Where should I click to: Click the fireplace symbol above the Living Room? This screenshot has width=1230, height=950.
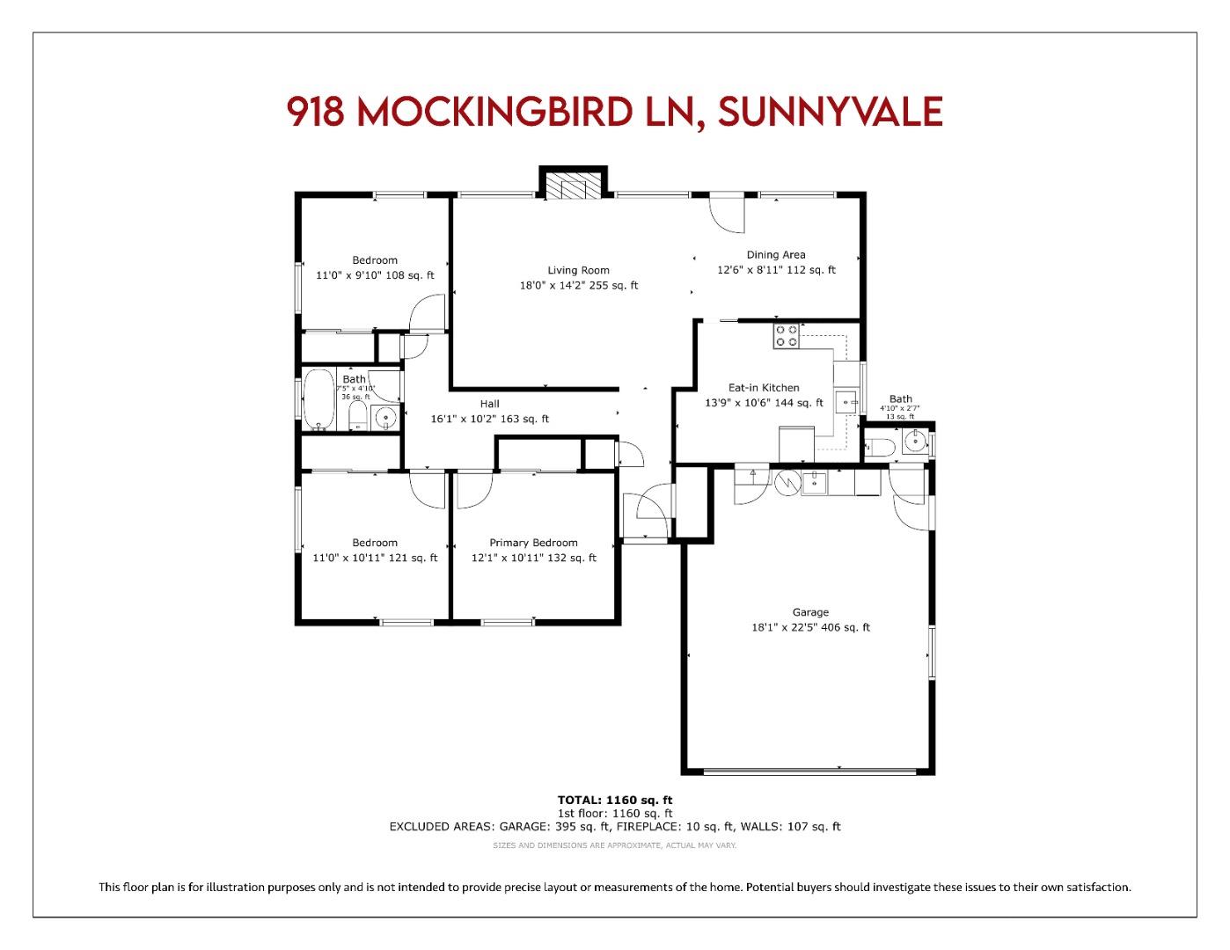coord(573,186)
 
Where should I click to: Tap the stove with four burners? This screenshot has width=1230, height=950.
coord(786,336)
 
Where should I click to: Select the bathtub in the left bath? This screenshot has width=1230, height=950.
coord(318,400)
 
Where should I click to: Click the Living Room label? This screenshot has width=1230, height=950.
coord(578,271)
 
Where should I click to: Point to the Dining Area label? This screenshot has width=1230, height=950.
coord(775,255)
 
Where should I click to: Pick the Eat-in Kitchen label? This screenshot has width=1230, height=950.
coord(764,388)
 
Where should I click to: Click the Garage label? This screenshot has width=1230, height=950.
coord(810,612)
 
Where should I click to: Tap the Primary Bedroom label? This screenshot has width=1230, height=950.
coord(533,543)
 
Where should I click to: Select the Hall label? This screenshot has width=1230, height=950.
coord(489,404)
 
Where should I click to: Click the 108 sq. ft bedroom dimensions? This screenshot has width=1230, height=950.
coord(375,275)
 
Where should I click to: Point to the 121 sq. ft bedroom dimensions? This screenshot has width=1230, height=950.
coord(375,558)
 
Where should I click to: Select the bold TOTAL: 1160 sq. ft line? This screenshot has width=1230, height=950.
coord(614,800)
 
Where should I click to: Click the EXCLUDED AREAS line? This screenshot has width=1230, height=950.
coord(614,827)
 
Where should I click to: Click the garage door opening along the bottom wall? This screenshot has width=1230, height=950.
coord(808,771)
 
